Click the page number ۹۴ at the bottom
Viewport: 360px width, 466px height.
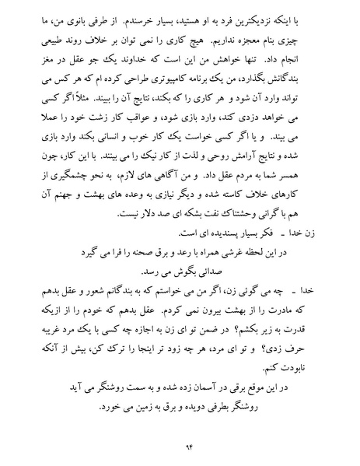click(x=180, y=447)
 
